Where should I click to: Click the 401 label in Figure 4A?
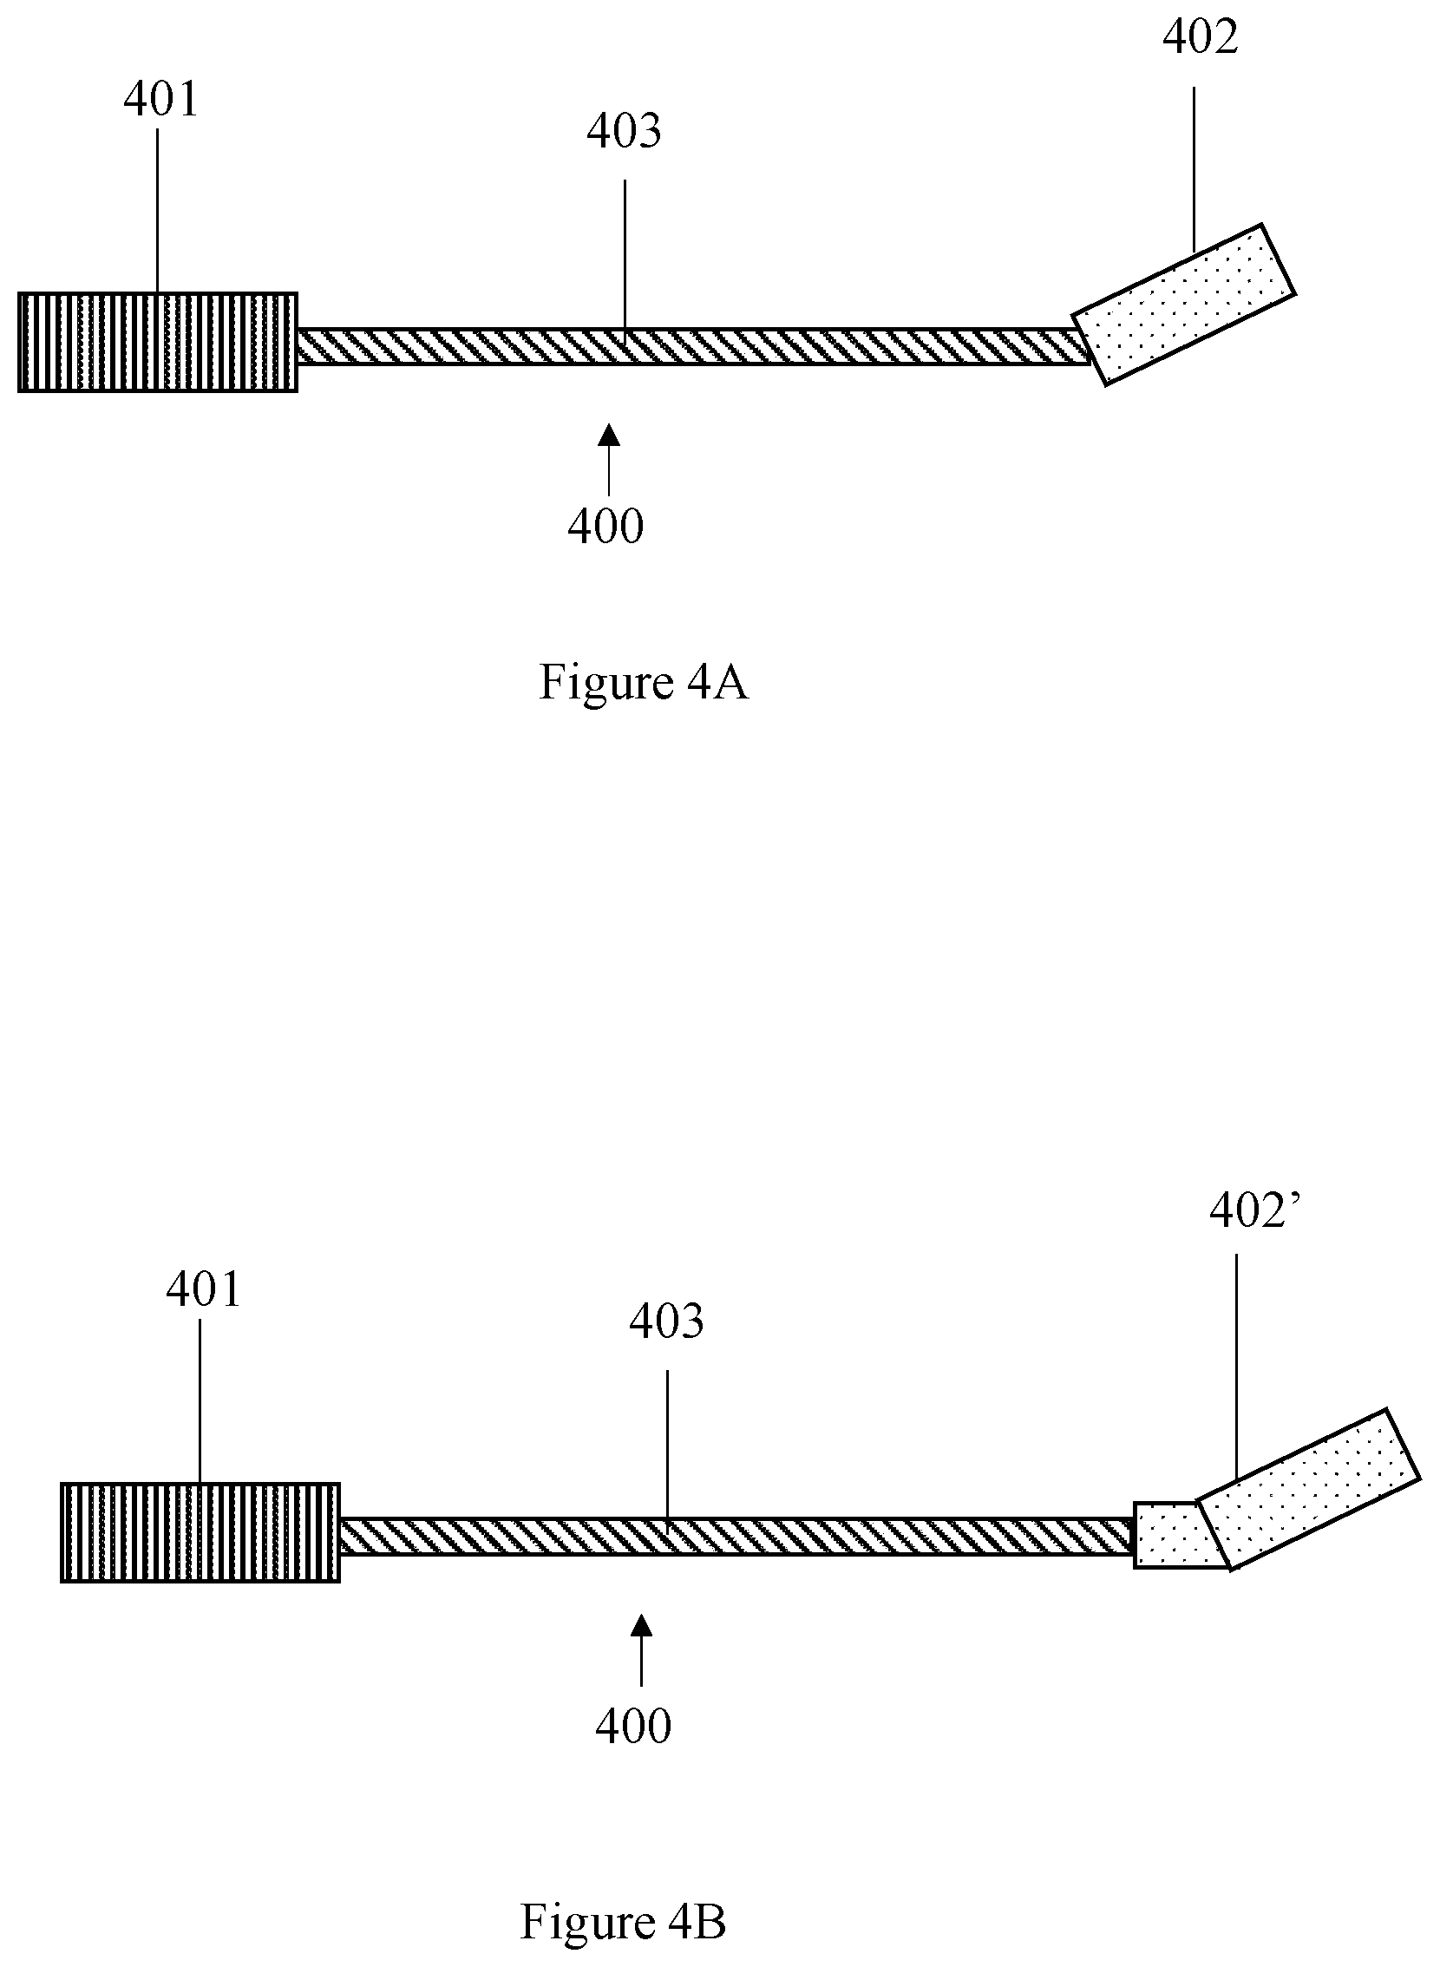pos(161,100)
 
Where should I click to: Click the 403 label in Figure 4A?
pos(623,132)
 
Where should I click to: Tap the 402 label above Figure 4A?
pos(1200,37)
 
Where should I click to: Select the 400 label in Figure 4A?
pos(605,527)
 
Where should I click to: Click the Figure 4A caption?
pos(644,682)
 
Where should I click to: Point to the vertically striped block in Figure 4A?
pos(158,342)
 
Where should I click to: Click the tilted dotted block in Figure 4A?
pos(1184,305)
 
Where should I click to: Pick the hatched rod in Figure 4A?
pos(693,346)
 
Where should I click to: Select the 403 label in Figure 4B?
pos(667,1321)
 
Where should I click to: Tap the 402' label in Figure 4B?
pos(1254,1211)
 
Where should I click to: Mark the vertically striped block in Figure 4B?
pos(200,1533)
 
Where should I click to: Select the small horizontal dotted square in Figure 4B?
pos(1168,1535)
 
